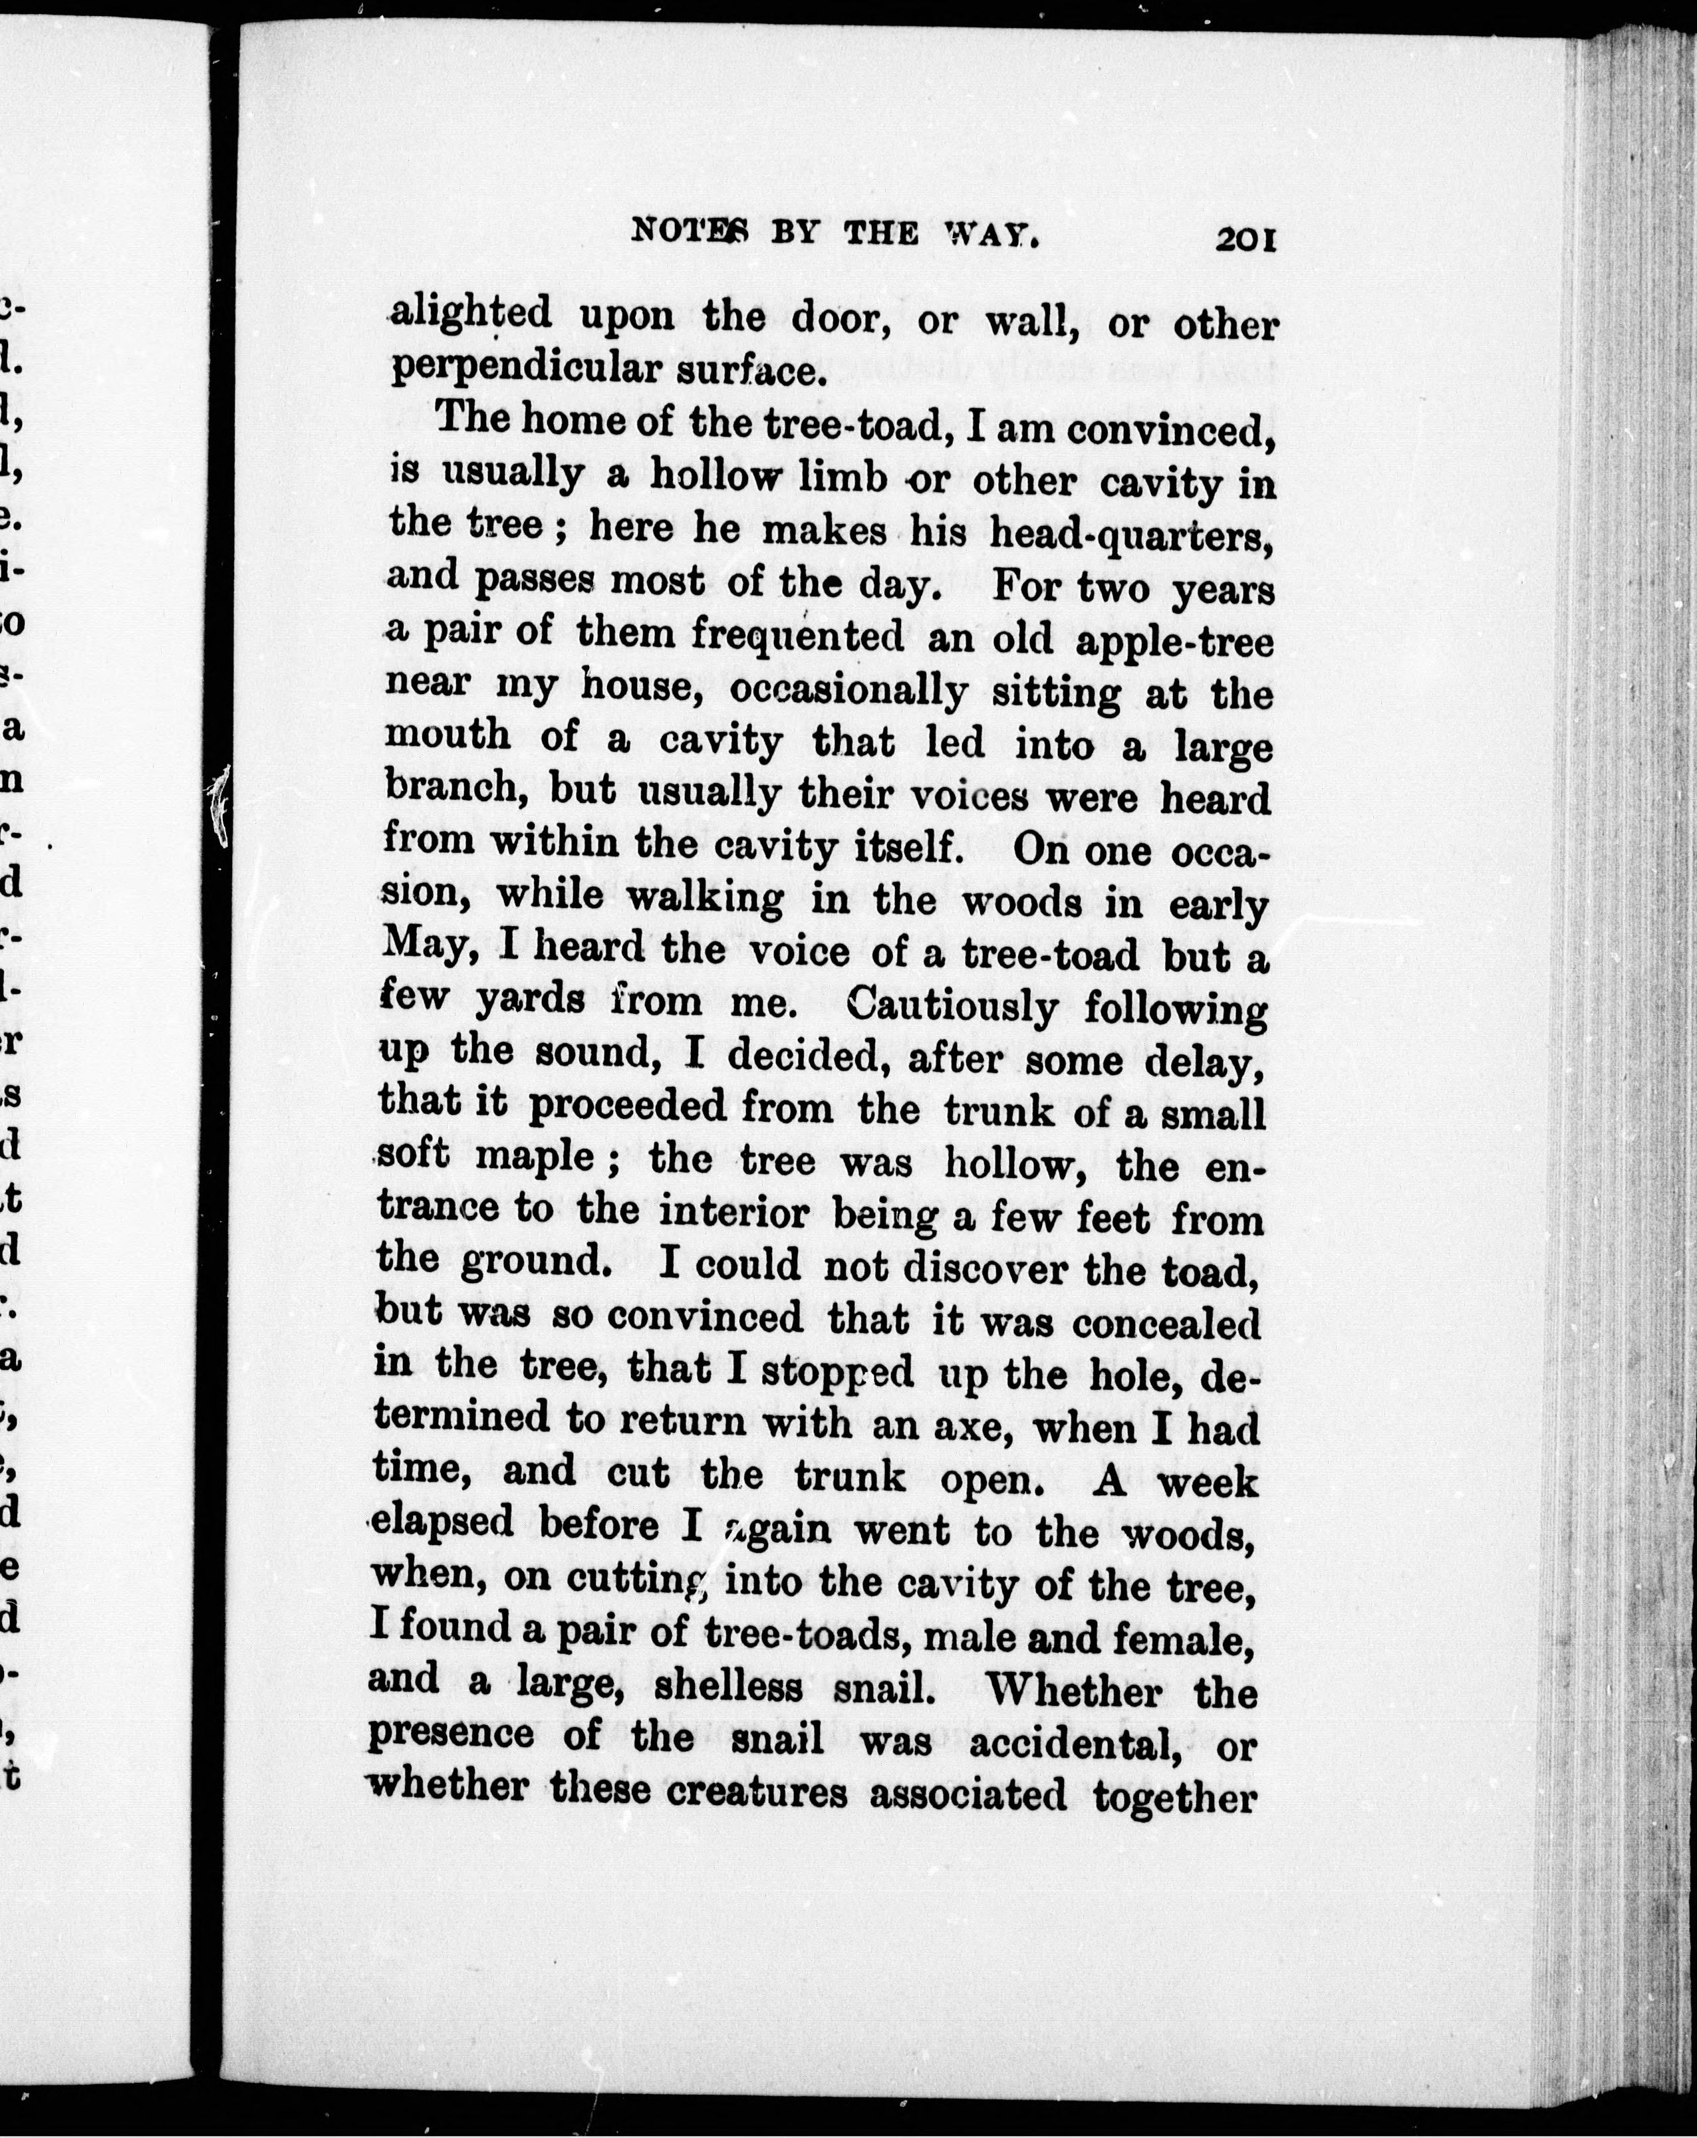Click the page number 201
point(1245,240)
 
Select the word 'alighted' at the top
point(471,314)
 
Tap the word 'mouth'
point(448,736)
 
